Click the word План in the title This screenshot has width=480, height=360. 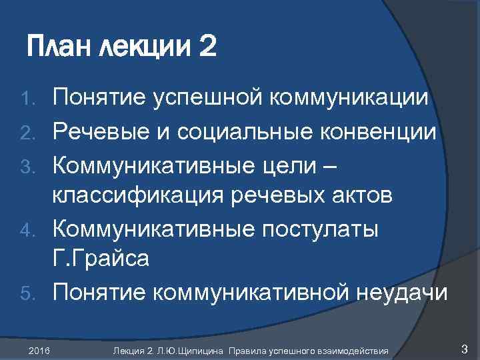61,49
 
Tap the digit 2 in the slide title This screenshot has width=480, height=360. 207,49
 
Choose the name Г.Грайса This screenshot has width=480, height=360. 101,260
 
